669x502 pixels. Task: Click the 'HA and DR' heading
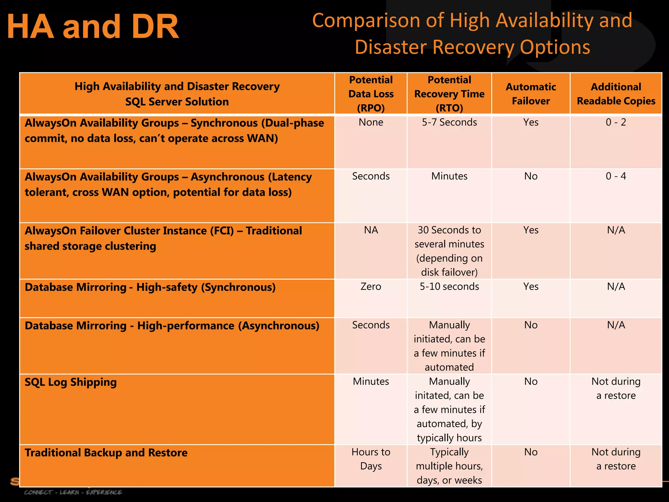pos(93,26)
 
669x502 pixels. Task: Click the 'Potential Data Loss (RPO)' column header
pos(371,94)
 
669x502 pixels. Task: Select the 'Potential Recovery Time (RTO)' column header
pos(449,94)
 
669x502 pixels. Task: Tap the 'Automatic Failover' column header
pos(531,94)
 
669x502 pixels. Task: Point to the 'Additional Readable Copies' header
pos(616,94)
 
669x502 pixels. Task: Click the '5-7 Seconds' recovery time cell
pos(449,122)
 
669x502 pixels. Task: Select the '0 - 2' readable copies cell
pos(616,122)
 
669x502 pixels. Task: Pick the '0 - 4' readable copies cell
pos(616,176)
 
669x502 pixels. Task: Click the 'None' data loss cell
pos(371,122)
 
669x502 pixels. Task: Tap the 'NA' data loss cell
pos(371,230)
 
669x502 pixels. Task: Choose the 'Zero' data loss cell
pos(371,287)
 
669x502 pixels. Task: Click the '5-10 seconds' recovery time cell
pos(449,287)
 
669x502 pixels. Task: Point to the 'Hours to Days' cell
pos(371,459)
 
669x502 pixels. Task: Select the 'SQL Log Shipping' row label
pos(71,382)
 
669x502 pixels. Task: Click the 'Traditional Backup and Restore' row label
pos(106,453)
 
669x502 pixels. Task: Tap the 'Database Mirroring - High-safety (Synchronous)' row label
pos(150,287)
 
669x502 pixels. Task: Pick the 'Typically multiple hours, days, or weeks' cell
pos(449,466)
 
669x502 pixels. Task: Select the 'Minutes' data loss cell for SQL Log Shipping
pos(371,381)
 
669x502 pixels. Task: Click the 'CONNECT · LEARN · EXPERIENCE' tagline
pos(73,492)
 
